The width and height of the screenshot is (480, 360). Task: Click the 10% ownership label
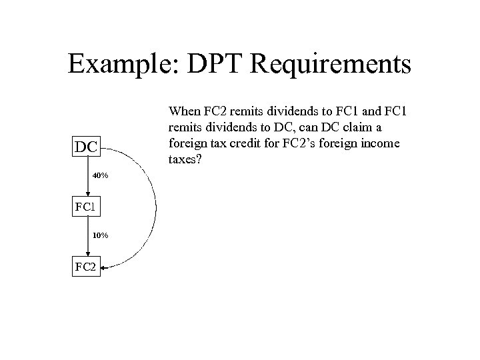[x=100, y=235]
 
